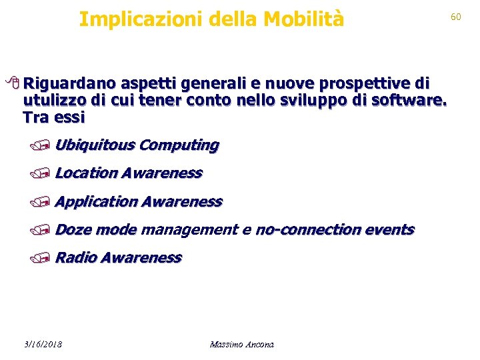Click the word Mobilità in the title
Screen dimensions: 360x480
(x=303, y=19)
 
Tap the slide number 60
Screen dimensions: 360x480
(x=456, y=17)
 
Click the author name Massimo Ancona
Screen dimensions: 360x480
(x=241, y=344)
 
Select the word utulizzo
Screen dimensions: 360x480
(x=51, y=101)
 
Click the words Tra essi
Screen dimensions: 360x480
(x=53, y=117)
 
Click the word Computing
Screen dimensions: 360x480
(x=179, y=145)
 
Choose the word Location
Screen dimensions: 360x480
(x=86, y=173)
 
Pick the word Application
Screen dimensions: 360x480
(x=97, y=201)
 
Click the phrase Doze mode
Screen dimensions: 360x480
(x=95, y=229)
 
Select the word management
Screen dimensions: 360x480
(x=189, y=229)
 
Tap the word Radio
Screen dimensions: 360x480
(x=74, y=257)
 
